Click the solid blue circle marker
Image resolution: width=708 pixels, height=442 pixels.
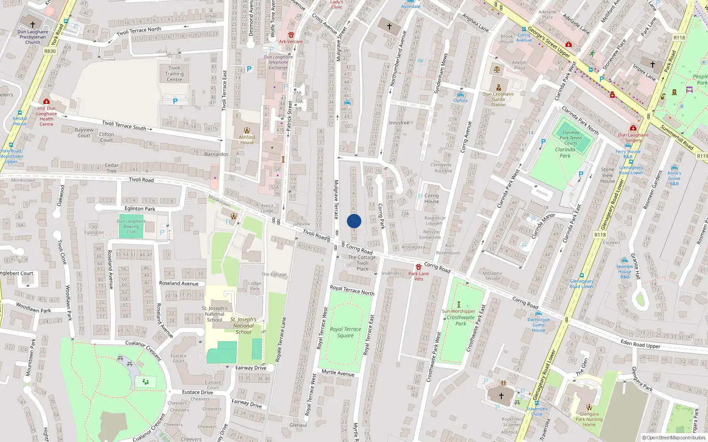354,221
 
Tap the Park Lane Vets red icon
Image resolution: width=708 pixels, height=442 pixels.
418,267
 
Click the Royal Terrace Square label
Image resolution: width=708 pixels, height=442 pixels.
345,332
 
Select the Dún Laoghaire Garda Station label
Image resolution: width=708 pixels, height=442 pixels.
498,99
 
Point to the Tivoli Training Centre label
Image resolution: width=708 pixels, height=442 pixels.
174,74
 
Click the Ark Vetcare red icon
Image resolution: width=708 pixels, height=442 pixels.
291,35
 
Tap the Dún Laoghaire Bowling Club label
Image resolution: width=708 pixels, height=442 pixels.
131,226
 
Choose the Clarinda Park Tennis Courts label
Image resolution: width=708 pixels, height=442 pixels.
571,137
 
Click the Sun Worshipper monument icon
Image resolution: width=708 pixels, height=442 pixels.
458,305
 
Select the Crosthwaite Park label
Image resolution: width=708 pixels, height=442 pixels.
461,320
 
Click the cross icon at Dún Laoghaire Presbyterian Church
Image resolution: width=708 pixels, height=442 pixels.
33,24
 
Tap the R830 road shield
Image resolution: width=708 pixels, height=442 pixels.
50,51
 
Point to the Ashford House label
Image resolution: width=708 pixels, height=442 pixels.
247,140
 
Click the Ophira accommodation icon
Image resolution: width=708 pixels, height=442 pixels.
460,95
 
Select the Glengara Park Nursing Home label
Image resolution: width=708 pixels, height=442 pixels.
589,419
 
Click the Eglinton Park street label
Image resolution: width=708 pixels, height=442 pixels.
140,209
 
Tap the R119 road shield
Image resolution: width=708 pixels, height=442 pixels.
702,156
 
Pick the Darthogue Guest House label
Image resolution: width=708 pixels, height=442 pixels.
539,325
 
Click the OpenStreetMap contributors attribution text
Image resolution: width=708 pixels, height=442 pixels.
674,438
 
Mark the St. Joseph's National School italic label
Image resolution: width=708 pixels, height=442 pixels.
243,326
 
